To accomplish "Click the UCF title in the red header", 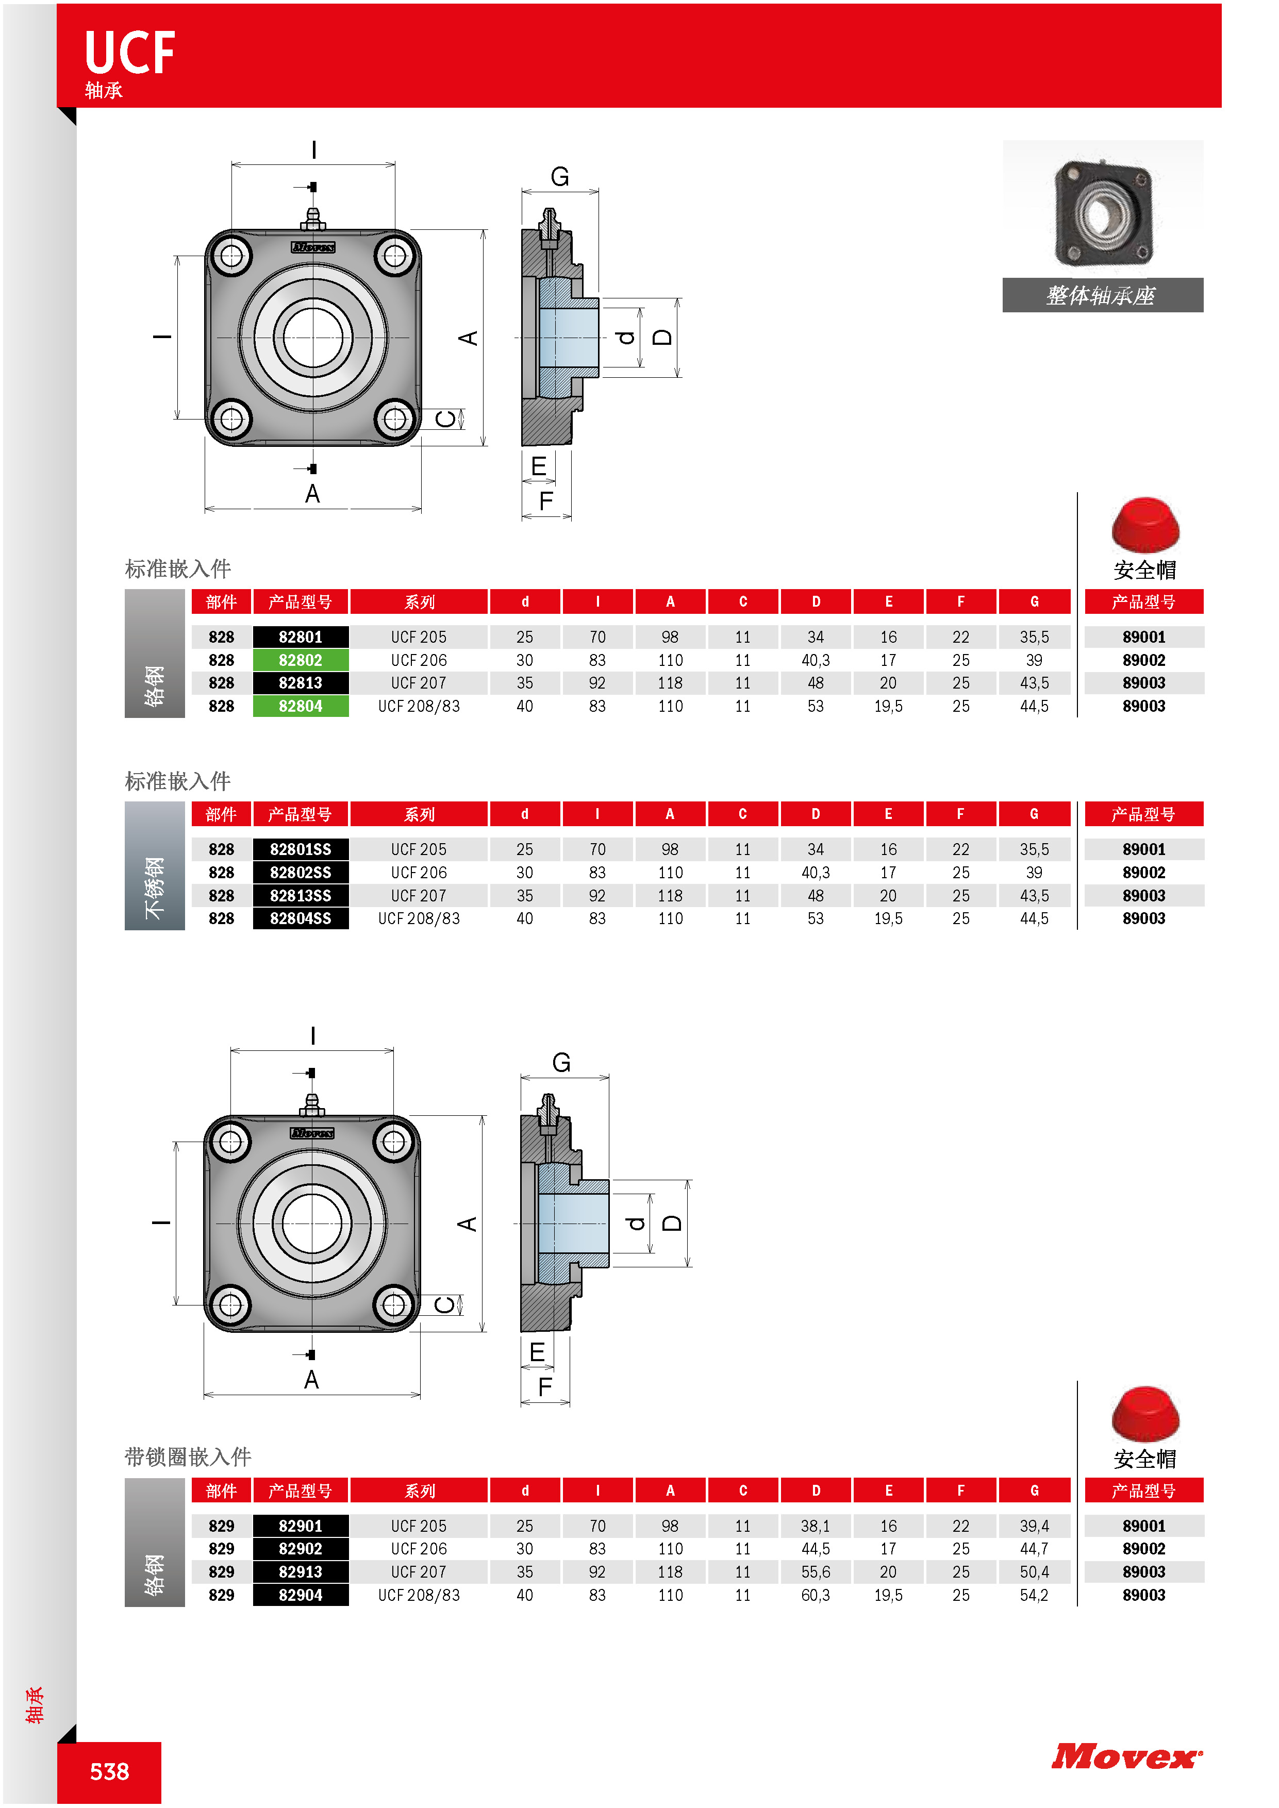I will pyautogui.click(x=130, y=54).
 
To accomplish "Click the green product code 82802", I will pyautogui.click(x=300, y=660).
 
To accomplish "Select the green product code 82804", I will pyautogui.click(x=300, y=707).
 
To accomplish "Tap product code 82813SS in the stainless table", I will pyautogui.click(x=300, y=895).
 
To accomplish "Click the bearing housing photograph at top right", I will pyautogui.click(x=1103, y=211).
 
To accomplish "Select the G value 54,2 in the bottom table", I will pyautogui.click(x=1034, y=1595).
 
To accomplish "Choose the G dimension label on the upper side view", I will pyautogui.click(x=560, y=176).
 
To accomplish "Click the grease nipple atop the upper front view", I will pyautogui.click(x=313, y=219).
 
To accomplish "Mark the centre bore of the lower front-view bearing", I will pyautogui.click(x=312, y=1224).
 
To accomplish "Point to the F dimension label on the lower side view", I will pyautogui.click(x=545, y=1387).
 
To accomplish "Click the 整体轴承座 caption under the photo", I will pyautogui.click(x=1102, y=296).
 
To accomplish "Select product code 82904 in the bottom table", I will pyautogui.click(x=300, y=1595).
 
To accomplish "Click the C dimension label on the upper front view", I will pyautogui.click(x=446, y=419).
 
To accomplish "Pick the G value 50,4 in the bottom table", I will pyautogui.click(x=1034, y=1572).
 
